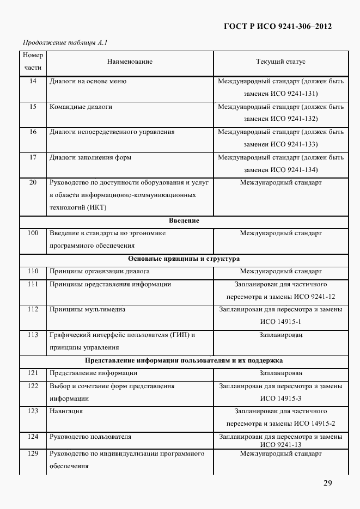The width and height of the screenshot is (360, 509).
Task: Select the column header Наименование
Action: (x=130, y=62)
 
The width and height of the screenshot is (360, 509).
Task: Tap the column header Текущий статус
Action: (x=280, y=62)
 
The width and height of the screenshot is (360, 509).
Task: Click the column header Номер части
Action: (x=33, y=62)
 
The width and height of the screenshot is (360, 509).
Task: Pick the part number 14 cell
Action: (x=33, y=82)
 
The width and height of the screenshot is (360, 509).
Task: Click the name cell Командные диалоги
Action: (x=81, y=107)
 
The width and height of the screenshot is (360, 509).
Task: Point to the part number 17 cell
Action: (x=33, y=158)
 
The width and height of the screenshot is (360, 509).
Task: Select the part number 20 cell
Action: (x=33, y=183)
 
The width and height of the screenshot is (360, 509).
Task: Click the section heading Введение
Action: (x=184, y=221)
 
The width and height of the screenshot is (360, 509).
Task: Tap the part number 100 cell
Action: (x=33, y=234)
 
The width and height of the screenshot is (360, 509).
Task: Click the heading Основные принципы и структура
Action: (x=184, y=259)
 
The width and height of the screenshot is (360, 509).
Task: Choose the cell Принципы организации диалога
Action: (x=100, y=271)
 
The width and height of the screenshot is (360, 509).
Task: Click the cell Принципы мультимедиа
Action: (x=88, y=309)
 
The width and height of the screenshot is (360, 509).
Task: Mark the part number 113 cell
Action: (x=33, y=335)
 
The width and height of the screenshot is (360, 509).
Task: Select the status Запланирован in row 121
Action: (x=280, y=373)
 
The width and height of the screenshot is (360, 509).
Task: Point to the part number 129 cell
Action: (x=33, y=453)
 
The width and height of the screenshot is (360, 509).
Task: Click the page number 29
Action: (x=327, y=483)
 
